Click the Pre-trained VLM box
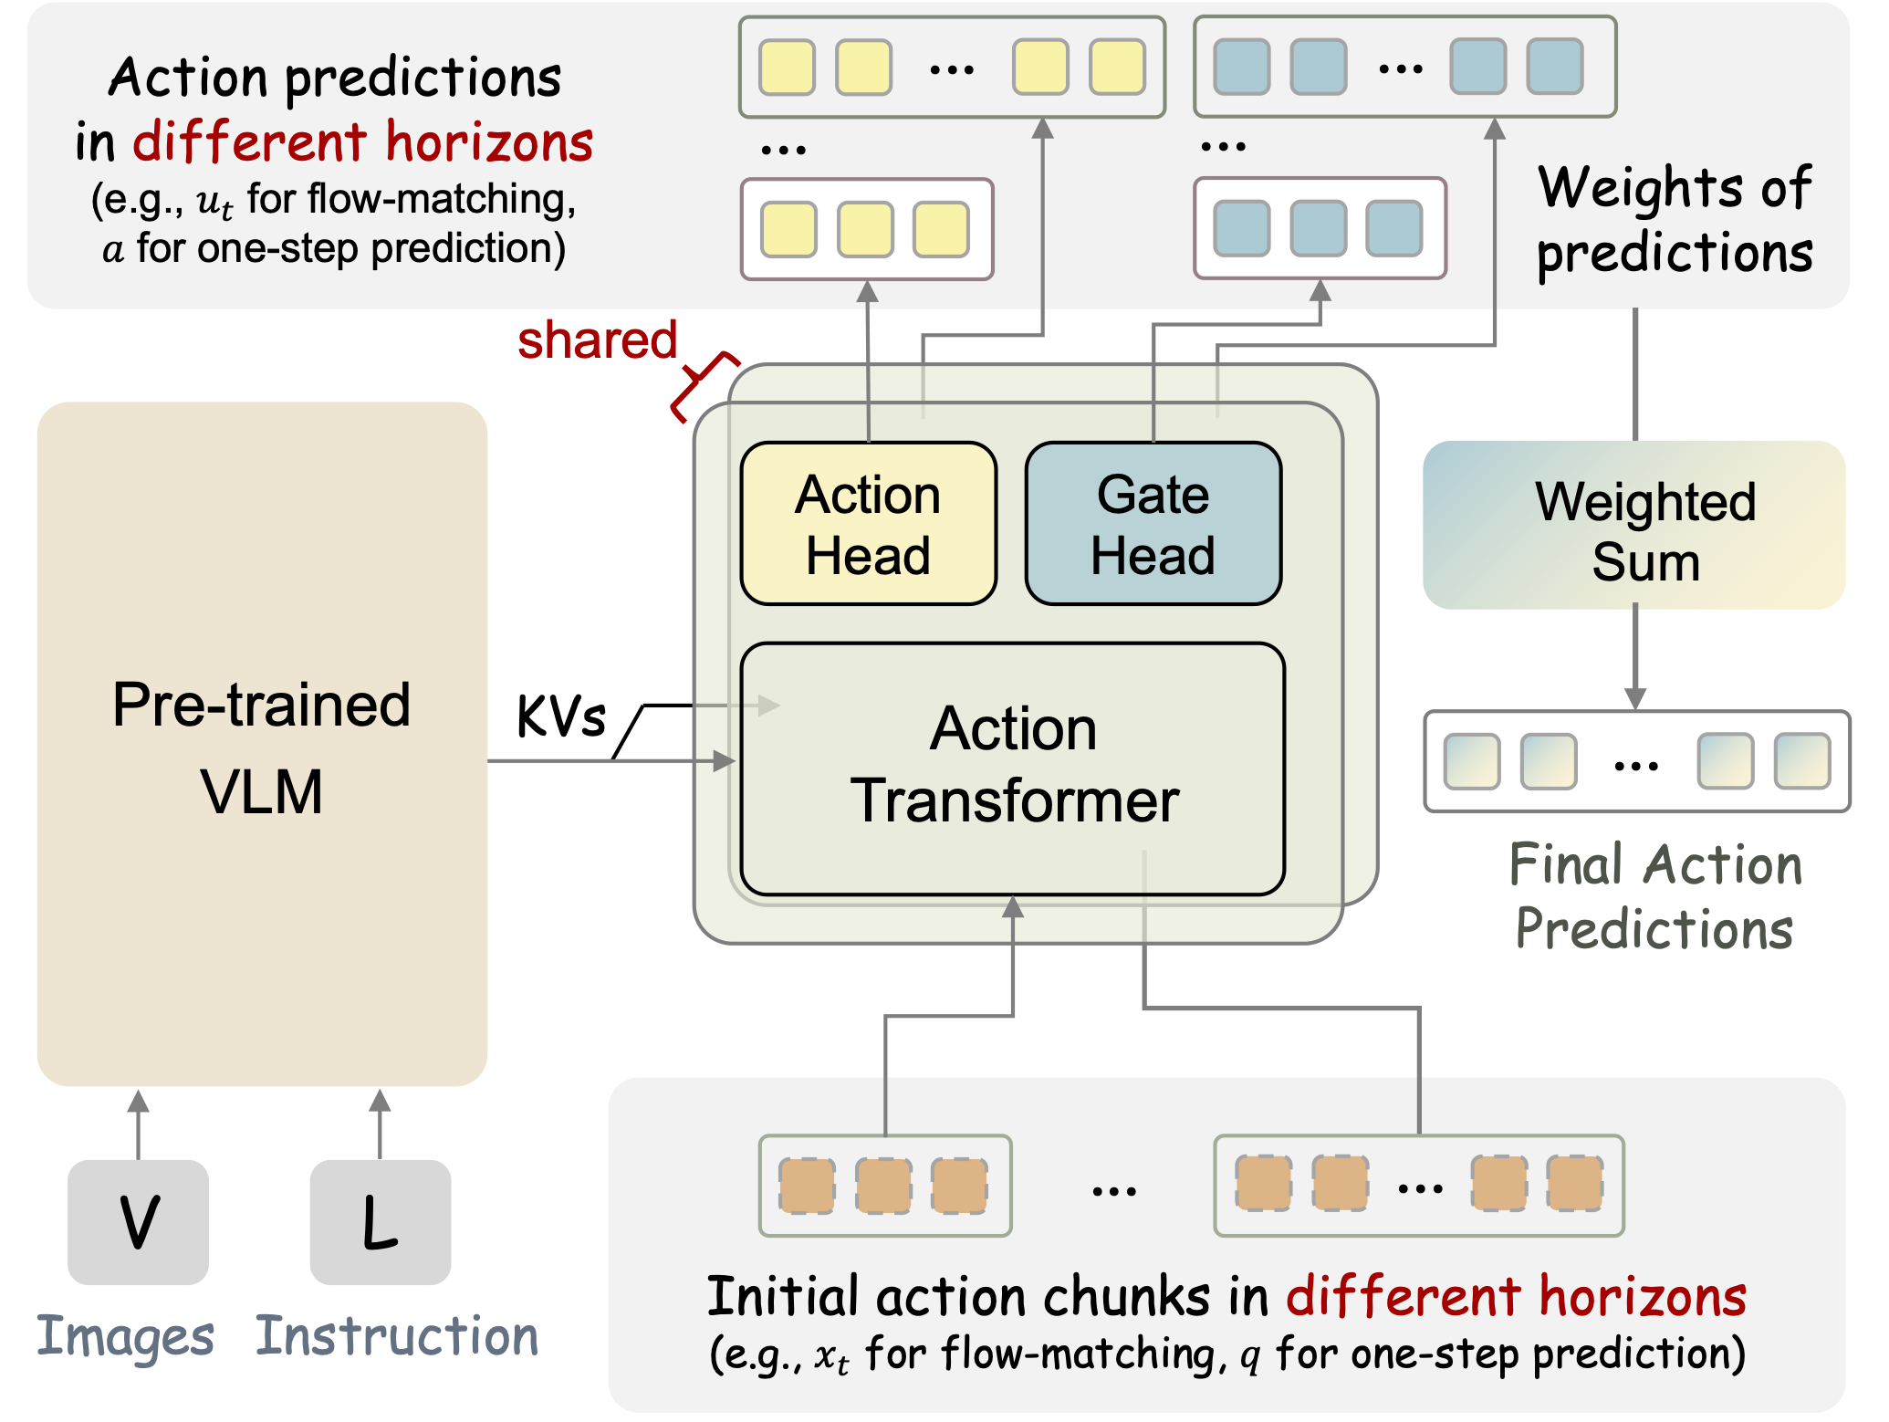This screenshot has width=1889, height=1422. [262, 744]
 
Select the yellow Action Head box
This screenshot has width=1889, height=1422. [868, 524]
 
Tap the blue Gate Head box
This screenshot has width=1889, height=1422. [1153, 524]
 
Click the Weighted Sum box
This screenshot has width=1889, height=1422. [1634, 526]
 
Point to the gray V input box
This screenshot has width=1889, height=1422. [139, 1221]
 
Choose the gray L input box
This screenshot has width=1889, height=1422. [381, 1221]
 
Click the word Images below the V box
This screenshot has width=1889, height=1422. [125, 1337]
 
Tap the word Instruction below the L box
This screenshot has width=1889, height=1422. [397, 1336]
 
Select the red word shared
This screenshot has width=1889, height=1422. [597, 340]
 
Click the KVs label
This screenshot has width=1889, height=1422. [560, 716]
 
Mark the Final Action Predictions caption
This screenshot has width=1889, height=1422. [1654, 896]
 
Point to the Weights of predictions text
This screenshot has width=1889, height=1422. [1675, 219]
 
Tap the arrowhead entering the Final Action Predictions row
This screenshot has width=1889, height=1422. [1635, 698]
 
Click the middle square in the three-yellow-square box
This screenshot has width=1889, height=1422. [865, 229]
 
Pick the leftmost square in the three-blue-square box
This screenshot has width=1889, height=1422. [1242, 228]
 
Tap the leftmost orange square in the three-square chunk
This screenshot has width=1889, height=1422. [807, 1186]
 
